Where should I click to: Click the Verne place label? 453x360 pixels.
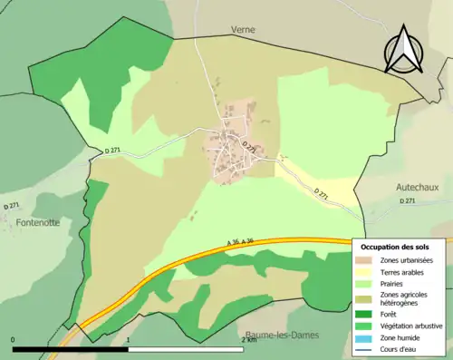pyautogui.click(x=243, y=30)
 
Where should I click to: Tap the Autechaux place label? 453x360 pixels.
pyautogui.click(x=417, y=187)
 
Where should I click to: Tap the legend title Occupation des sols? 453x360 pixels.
pyautogui.click(x=395, y=247)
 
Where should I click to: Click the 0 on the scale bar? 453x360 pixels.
pyautogui.click(x=14, y=341)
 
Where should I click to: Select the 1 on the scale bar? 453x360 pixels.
pyautogui.click(x=129, y=341)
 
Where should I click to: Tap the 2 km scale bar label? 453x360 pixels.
pyautogui.click(x=250, y=341)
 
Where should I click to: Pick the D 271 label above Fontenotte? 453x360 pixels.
pyautogui.click(x=12, y=208)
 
